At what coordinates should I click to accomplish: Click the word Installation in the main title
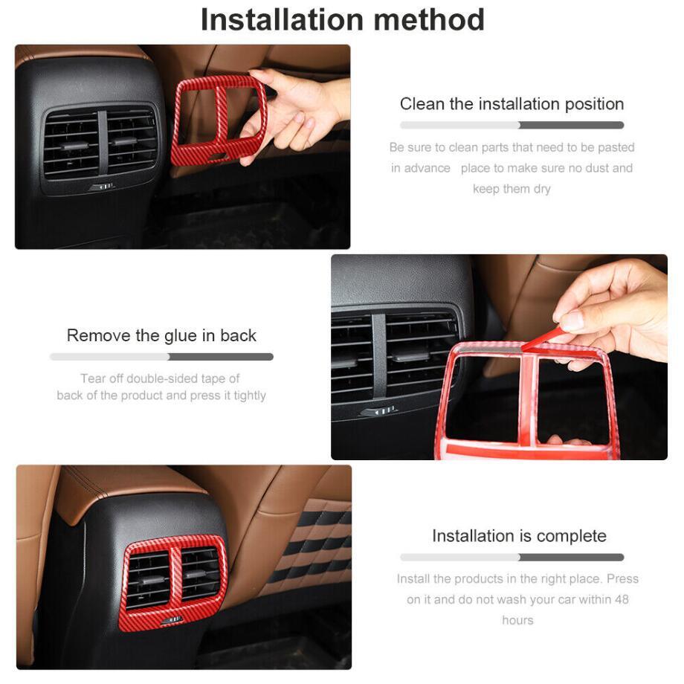pyautogui.click(x=282, y=20)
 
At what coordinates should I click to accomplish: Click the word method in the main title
pyautogui.click(x=429, y=20)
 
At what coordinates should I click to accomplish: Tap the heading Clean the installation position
pyautogui.click(x=512, y=104)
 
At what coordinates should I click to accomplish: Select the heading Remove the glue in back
pyautogui.click(x=161, y=335)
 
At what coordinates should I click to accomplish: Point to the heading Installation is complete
pyautogui.click(x=519, y=536)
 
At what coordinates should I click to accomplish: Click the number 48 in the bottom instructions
pyautogui.click(x=622, y=599)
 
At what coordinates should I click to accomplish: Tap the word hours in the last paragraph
pyautogui.click(x=517, y=620)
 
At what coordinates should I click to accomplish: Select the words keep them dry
pyautogui.click(x=512, y=189)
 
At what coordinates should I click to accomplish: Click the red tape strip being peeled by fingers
pyautogui.click(x=541, y=339)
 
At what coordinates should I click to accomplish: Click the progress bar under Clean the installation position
pyautogui.click(x=512, y=125)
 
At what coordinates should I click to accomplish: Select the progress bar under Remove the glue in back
pyautogui.click(x=161, y=357)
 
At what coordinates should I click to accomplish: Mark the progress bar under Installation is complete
pyautogui.click(x=512, y=557)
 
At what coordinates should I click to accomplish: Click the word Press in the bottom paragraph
pyautogui.click(x=622, y=578)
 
